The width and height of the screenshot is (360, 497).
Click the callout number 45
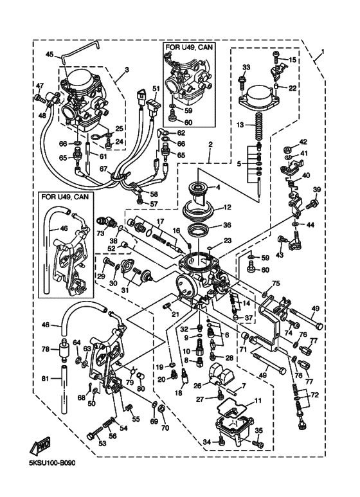coord(50,54)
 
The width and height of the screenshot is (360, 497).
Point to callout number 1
coord(323,51)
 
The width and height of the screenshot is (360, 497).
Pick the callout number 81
coord(46,378)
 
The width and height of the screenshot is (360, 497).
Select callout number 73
coord(100,233)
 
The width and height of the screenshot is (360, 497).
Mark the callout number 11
coord(258,401)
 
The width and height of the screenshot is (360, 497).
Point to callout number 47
coord(39,86)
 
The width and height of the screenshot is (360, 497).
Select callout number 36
coord(227,226)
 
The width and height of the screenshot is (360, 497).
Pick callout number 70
coord(165,428)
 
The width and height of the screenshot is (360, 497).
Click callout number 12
coord(227,208)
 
